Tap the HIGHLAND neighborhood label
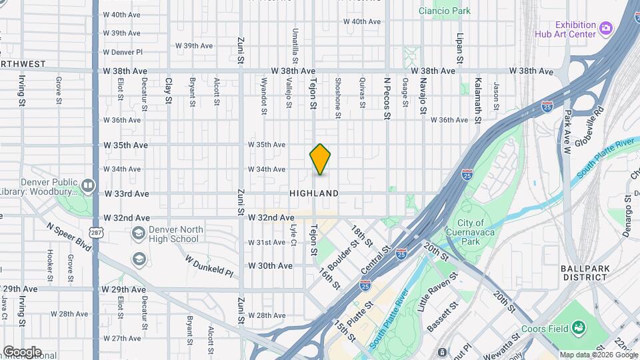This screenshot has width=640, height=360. coord(314,193)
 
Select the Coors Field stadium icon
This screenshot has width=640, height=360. coord(578,328)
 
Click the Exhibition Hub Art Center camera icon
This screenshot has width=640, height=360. coord(605,27)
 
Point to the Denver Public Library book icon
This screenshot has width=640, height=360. coord(88,184)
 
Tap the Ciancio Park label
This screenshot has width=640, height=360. coord(444,11)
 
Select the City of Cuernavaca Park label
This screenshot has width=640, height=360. coord(470,232)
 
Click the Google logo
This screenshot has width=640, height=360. coord(22,352)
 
